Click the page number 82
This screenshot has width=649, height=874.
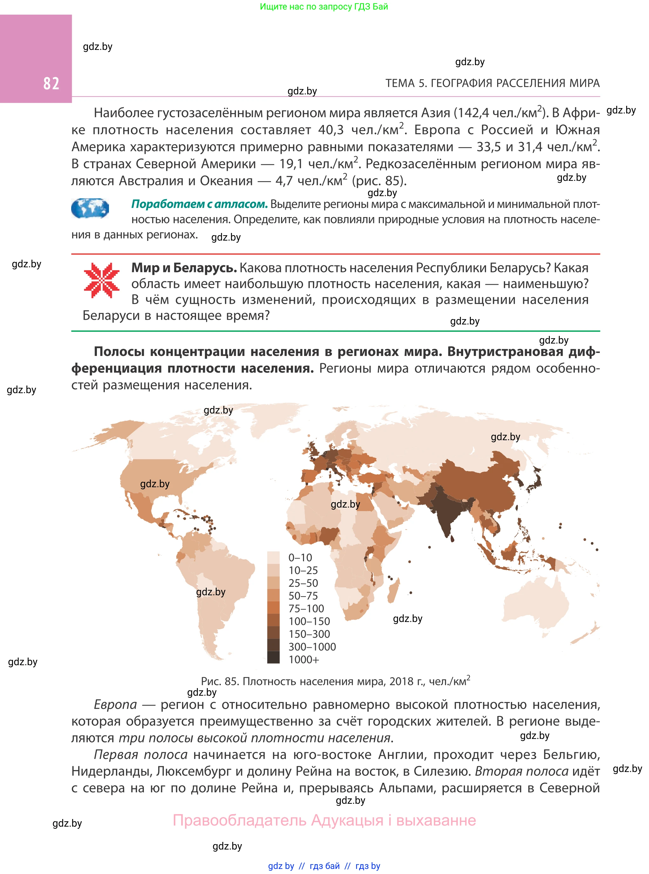coord(51,83)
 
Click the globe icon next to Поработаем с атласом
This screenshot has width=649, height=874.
coord(90,208)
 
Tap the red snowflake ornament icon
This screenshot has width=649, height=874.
coord(101,280)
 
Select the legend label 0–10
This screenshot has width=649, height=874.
coord(300,558)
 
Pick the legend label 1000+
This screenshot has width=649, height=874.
coord(304,659)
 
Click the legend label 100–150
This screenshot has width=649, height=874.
coord(309,621)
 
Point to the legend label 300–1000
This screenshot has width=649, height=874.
coord(312,647)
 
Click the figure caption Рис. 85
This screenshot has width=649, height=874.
coord(335,681)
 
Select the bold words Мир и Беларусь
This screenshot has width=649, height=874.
coord(184,268)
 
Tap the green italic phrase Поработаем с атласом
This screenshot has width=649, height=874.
coord(199,204)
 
